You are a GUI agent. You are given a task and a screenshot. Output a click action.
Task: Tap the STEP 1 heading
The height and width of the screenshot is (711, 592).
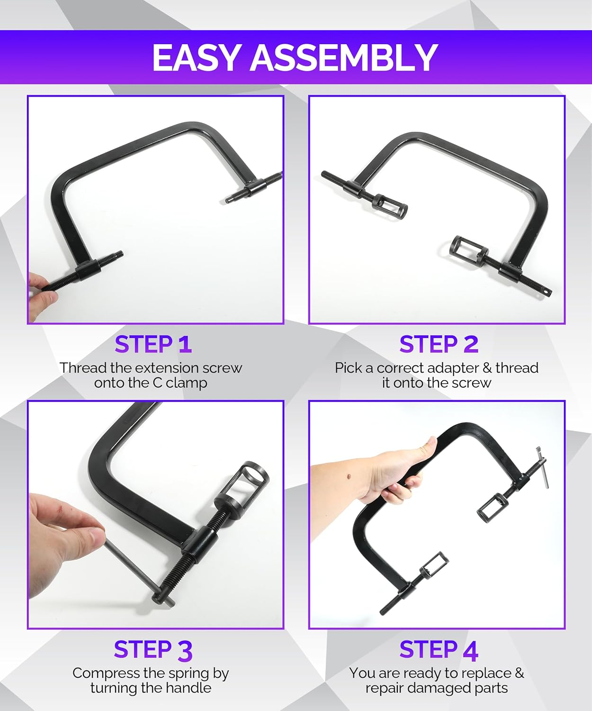(x=153, y=345)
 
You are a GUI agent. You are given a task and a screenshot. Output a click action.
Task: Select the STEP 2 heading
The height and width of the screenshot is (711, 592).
(x=439, y=345)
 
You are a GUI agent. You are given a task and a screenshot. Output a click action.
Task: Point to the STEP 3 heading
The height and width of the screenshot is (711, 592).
(x=153, y=650)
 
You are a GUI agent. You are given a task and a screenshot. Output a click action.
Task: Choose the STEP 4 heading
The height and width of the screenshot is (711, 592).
(x=439, y=650)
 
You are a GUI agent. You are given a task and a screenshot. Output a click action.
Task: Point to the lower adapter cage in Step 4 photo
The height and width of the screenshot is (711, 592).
(x=433, y=565)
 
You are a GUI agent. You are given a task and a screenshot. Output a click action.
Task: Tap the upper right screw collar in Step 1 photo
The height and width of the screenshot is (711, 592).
(x=254, y=190)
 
